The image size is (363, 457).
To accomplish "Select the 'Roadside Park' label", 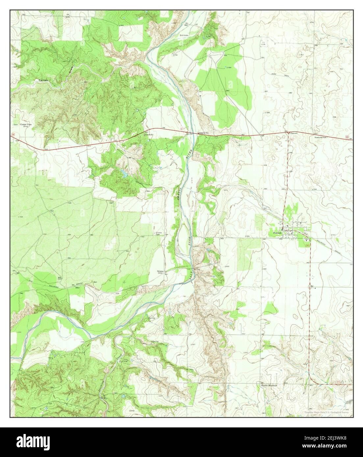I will (x=320, y=137).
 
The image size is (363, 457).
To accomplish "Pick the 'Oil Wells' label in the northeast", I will (x=263, y=43).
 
